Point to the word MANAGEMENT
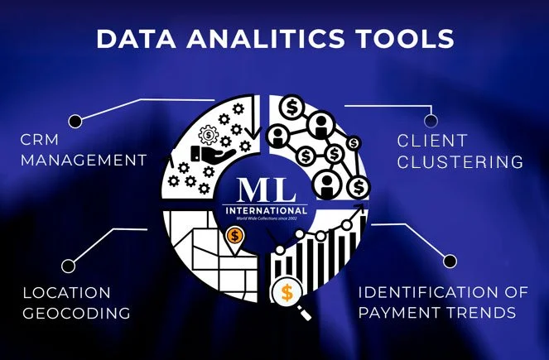click(83, 159)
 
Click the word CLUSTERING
click(460, 161)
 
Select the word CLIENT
click(431, 140)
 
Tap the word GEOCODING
click(76, 314)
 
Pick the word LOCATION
click(67, 292)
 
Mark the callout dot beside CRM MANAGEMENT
click(75, 121)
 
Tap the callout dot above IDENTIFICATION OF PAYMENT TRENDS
click(450, 261)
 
